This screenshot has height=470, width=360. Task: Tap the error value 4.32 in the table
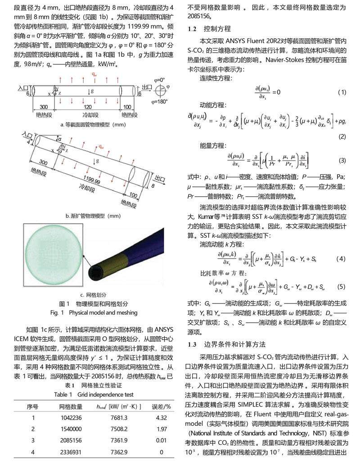click(161, 417)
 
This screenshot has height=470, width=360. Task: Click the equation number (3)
click(342, 161)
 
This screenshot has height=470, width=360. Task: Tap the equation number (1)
click(342, 92)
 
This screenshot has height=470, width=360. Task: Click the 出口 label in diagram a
click(147, 86)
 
